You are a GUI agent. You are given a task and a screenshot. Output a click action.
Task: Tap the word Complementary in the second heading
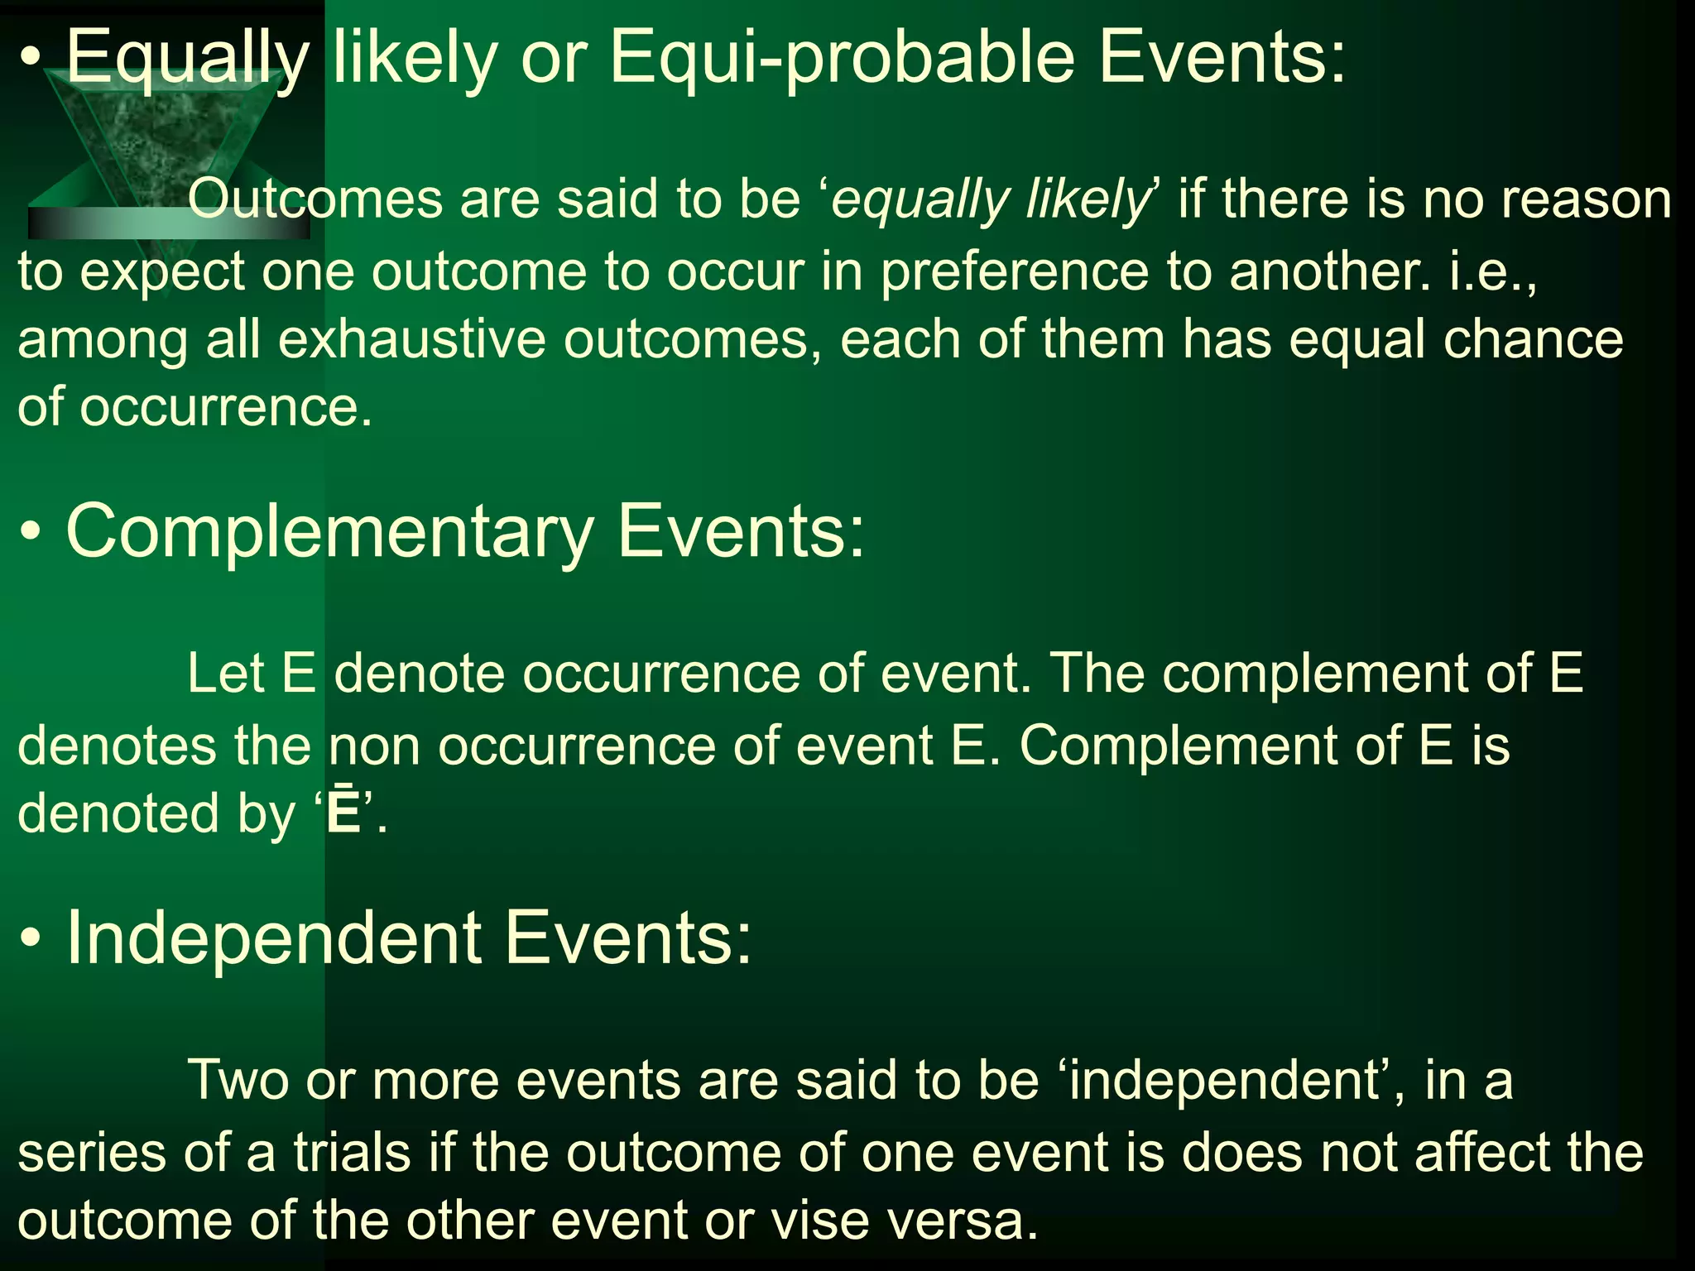(329, 532)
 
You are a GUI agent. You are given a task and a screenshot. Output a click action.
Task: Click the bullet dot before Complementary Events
(31, 534)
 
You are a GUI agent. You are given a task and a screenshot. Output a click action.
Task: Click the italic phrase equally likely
(990, 201)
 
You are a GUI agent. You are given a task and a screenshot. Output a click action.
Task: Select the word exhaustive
(411, 340)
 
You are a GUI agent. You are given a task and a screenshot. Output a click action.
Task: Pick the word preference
(1014, 271)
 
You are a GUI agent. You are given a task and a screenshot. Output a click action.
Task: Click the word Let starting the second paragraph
(224, 673)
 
